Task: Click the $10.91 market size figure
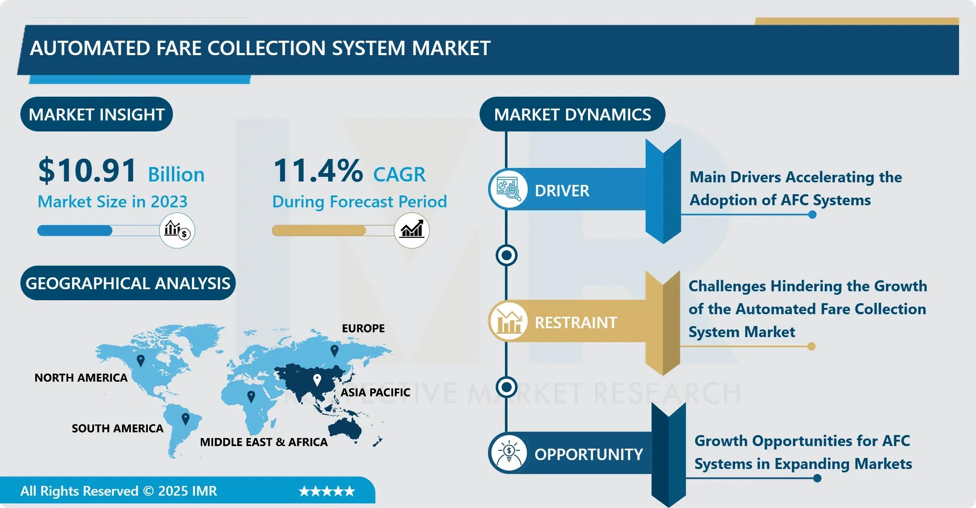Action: [x=87, y=170]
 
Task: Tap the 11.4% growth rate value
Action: [x=318, y=170]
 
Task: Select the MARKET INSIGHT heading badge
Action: [x=97, y=114]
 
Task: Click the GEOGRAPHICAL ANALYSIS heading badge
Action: [x=128, y=283]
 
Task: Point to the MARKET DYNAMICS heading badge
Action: [x=572, y=114]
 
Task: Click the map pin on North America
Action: [x=141, y=361]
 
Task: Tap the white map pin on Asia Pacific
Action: [x=317, y=380]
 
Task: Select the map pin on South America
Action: [x=185, y=419]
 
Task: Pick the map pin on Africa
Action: [x=251, y=397]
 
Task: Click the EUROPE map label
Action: [x=363, y=328]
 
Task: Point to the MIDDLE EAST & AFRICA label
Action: [x=264, y=442]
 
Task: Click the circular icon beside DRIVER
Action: [x=508, y=189]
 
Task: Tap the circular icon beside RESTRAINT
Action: [x=508, y=321]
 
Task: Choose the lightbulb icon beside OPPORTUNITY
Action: [x=508, y=453]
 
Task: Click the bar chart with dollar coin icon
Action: [x=177, y=230]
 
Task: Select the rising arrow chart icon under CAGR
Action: [x=412, y=230]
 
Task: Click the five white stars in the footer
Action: [x=327, y=491]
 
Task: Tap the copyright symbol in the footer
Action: [x=149, y=491]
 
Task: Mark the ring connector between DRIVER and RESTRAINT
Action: [x=506, y=255]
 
